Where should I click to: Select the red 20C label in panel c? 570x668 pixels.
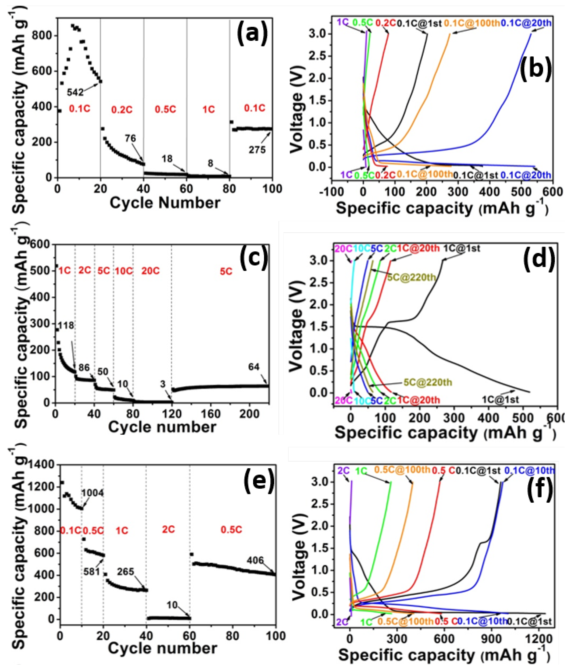(x=151, y=271)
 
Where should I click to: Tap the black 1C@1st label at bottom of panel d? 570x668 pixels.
(x=501, y=400)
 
